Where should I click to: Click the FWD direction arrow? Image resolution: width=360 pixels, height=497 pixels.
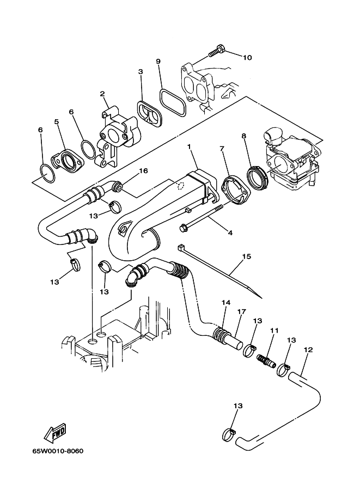coord(55,433)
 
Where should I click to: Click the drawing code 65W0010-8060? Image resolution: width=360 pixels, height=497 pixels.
coord(58,451)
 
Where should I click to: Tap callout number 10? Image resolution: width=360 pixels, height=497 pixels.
coord(247,57)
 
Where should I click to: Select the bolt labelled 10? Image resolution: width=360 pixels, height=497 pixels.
coord(217,52)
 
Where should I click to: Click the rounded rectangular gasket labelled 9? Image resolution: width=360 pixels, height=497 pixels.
coord(173,102)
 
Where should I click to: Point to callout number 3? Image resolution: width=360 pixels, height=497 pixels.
coord(141,72)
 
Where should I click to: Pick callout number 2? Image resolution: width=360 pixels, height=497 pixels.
coord(102,94)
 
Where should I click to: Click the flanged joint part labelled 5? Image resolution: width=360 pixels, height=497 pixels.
coord(67,161)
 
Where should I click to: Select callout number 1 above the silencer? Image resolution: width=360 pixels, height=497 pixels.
coord(190,146)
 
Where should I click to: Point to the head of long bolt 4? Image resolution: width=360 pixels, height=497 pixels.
coord(184,227)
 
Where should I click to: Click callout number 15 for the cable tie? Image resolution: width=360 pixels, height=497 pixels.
coord(247,256)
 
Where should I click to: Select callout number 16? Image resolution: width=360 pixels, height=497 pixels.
coord(143,171)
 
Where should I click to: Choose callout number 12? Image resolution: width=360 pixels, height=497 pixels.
coord(308,349)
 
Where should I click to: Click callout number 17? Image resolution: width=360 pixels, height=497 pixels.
coord(241,312)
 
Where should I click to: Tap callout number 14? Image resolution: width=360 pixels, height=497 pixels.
coord(226,303)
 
